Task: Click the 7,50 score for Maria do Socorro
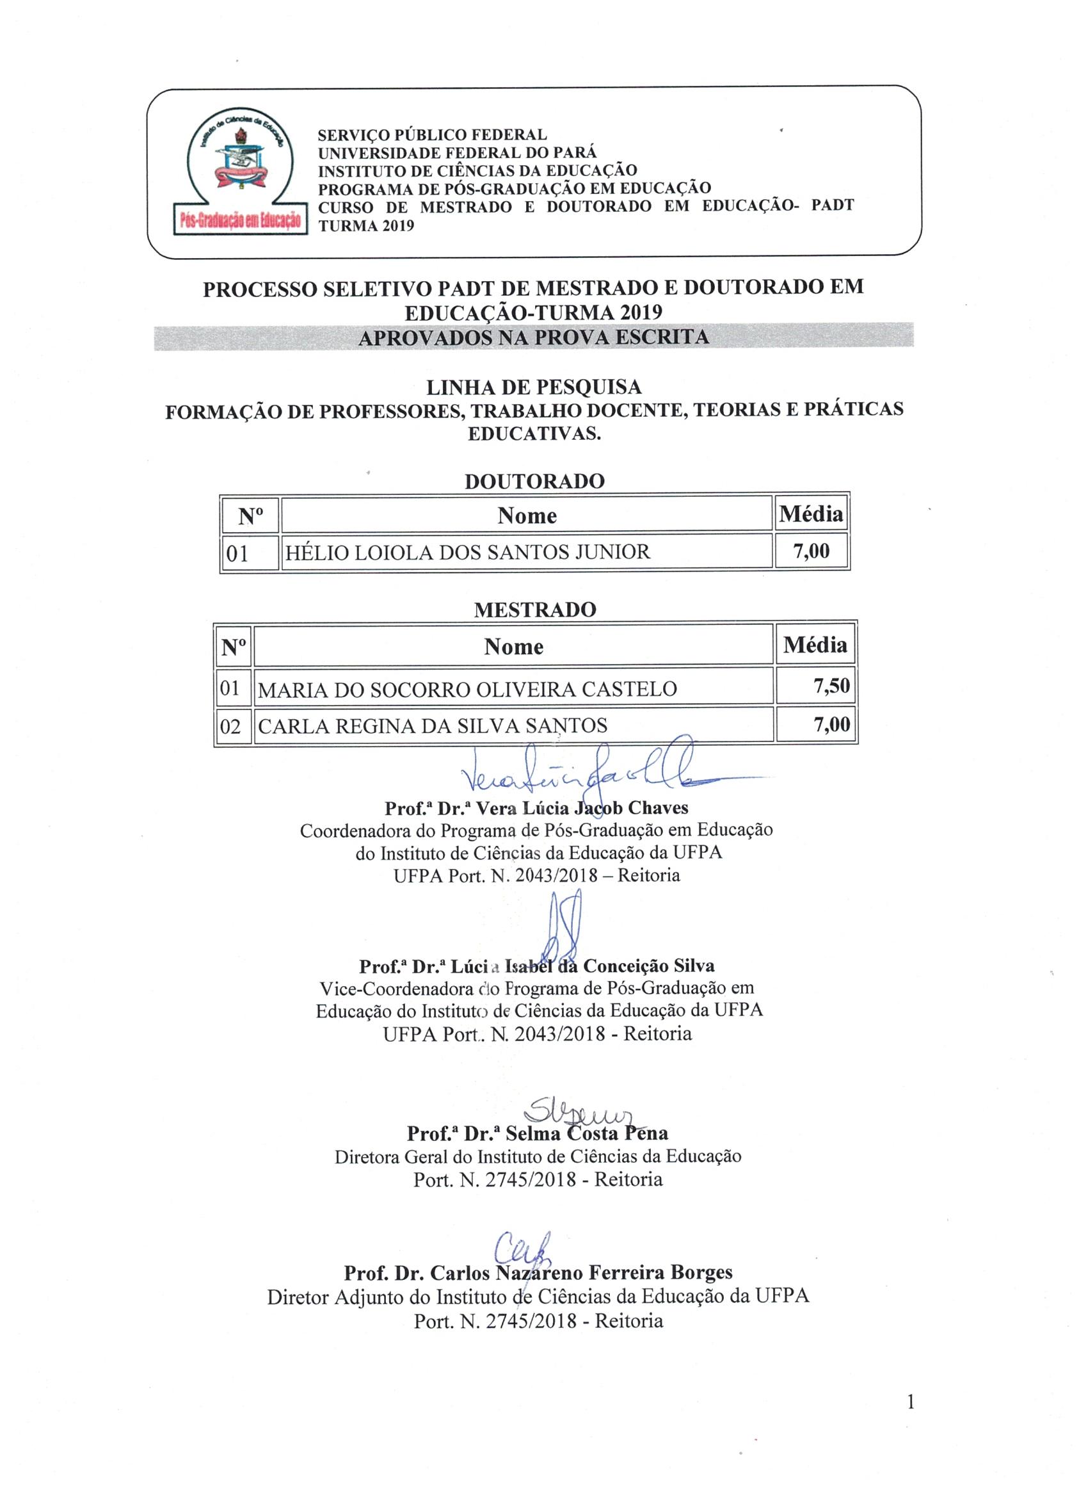[x=831, y=686]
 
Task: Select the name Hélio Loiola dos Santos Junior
[x=467, y=552]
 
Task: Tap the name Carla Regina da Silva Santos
[x=432, y=726]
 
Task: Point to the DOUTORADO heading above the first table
[x=534, y=481]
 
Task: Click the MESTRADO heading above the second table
[x=534, y=609]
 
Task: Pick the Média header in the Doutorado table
[x=811, y=514]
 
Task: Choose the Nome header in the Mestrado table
[x=513, y=647]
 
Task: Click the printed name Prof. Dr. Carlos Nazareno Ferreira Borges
[x=538, y=1273]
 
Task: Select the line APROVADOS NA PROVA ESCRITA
[x=533, y=337]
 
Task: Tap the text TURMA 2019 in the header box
[x=365, y=226]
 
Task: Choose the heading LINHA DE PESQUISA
[x=533, y=387]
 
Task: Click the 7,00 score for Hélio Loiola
[x=811, y=551]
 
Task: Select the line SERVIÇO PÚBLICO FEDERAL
[x=432, y=135]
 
